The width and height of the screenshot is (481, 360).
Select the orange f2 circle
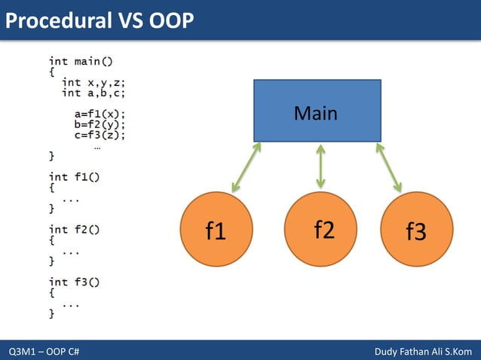click(x=323, y=230)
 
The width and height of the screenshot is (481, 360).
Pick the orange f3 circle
click(x=415, y=230)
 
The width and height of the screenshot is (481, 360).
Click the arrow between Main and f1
click(x=246, y=166)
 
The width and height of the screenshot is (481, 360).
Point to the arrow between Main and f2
click(x=321, y=166)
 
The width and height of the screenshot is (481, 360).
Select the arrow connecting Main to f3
click(x=389, y=166)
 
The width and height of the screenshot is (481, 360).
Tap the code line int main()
click(x=81, y=60)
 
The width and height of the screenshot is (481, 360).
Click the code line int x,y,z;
click(x=93, y=82)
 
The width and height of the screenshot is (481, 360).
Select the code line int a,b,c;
click(x=93, y=93)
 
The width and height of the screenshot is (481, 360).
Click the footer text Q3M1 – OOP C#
click(x=44, y=352)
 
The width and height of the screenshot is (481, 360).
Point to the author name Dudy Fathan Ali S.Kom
click(x=423, y=352)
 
